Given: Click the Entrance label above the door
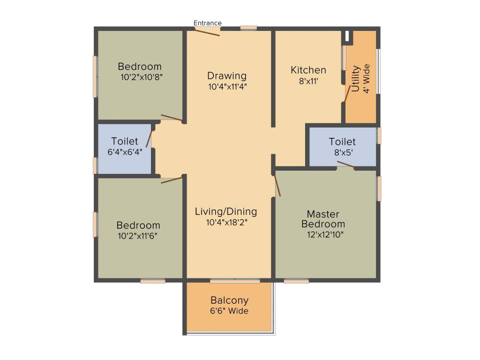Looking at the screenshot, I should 208,23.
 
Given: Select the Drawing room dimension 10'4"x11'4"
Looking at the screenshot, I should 227,86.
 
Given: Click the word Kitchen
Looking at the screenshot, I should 308,70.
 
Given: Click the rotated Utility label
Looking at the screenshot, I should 355,78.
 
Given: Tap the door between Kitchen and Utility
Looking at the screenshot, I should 347,94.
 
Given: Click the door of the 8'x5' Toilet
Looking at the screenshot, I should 345,164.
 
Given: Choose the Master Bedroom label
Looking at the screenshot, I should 323,219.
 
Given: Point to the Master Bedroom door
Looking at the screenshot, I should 277,185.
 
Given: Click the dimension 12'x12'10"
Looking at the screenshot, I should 325,234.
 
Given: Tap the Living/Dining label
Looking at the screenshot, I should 226,212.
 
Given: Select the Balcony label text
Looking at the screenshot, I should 229,300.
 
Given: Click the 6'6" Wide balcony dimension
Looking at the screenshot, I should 229,311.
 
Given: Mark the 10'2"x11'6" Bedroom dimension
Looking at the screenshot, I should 138,236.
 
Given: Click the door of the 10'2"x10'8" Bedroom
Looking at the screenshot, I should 172,118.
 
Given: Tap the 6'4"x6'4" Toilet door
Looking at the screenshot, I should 150,139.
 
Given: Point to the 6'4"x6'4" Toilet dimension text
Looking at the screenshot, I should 125,151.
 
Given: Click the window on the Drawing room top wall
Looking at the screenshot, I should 249,28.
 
